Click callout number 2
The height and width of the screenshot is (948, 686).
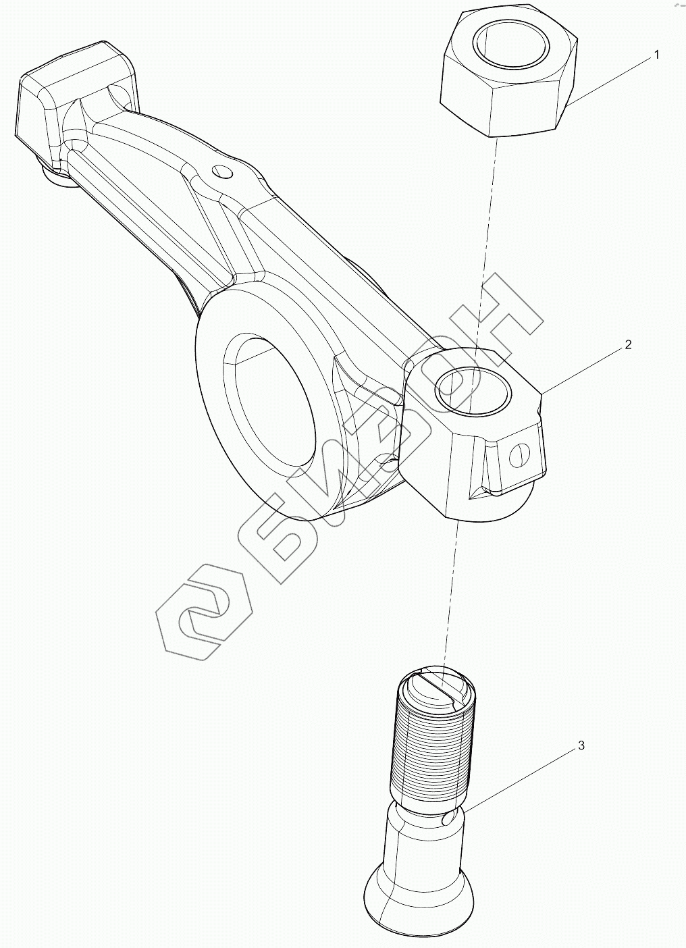pyautogui.click(x=628, y=345)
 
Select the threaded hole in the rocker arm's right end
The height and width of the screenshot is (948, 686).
pyautogui.click(x=468, y=391)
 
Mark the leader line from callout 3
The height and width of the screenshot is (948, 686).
pyautogui.click(x=520, y=776)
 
